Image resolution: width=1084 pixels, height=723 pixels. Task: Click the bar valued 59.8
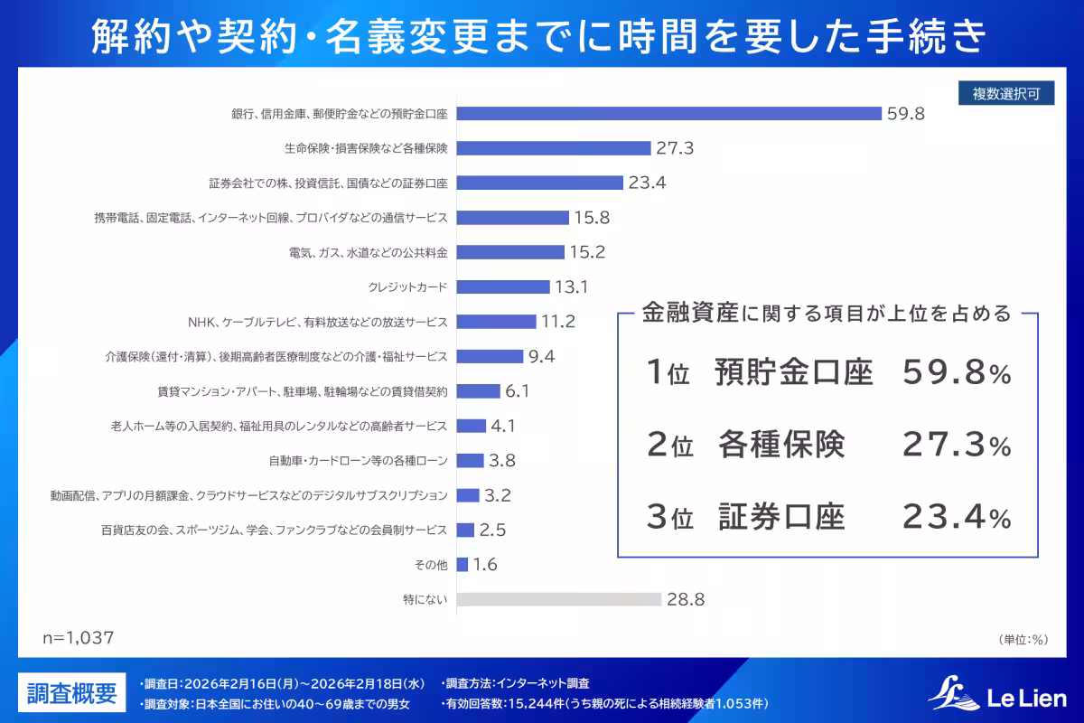[668, 113]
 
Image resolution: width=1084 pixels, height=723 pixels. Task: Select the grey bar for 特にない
[559, 599]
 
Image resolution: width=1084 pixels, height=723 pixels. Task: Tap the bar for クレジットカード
[503, 286]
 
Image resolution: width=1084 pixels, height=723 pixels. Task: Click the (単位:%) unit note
[1023, 640]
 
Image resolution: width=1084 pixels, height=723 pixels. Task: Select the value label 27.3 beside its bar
[675, 148]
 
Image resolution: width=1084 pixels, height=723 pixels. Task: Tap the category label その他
[431, 565]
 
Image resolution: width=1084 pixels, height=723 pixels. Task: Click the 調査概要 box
[71, 693]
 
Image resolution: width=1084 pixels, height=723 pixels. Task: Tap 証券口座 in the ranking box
[781, 518]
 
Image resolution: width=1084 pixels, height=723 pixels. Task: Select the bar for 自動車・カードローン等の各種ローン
[471, 461]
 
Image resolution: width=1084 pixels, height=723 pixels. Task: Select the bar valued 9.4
[490, 356]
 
